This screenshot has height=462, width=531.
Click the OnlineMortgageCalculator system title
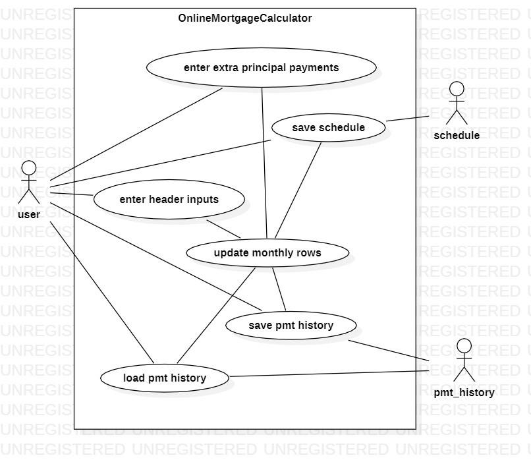click(244, 18)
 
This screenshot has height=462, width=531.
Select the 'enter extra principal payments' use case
click(261, 67)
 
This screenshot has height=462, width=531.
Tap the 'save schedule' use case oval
click(328, 127)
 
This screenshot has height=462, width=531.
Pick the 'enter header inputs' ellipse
click(169, 199)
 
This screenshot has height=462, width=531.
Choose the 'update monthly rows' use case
click(267, 252)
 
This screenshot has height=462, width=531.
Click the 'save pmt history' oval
click(291, 325)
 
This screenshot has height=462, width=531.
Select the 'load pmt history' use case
click(164, 378)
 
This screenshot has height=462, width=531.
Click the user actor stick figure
click(28, 181)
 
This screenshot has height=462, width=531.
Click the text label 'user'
click(28, 214)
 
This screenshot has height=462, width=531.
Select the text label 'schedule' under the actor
click(457, 135)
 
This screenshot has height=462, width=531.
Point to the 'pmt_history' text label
click(464, 393)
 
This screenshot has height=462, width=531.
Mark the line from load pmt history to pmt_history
click(329, 374)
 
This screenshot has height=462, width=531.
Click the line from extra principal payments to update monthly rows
click(264, 165)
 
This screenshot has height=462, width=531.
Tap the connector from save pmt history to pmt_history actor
click(389, 351)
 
